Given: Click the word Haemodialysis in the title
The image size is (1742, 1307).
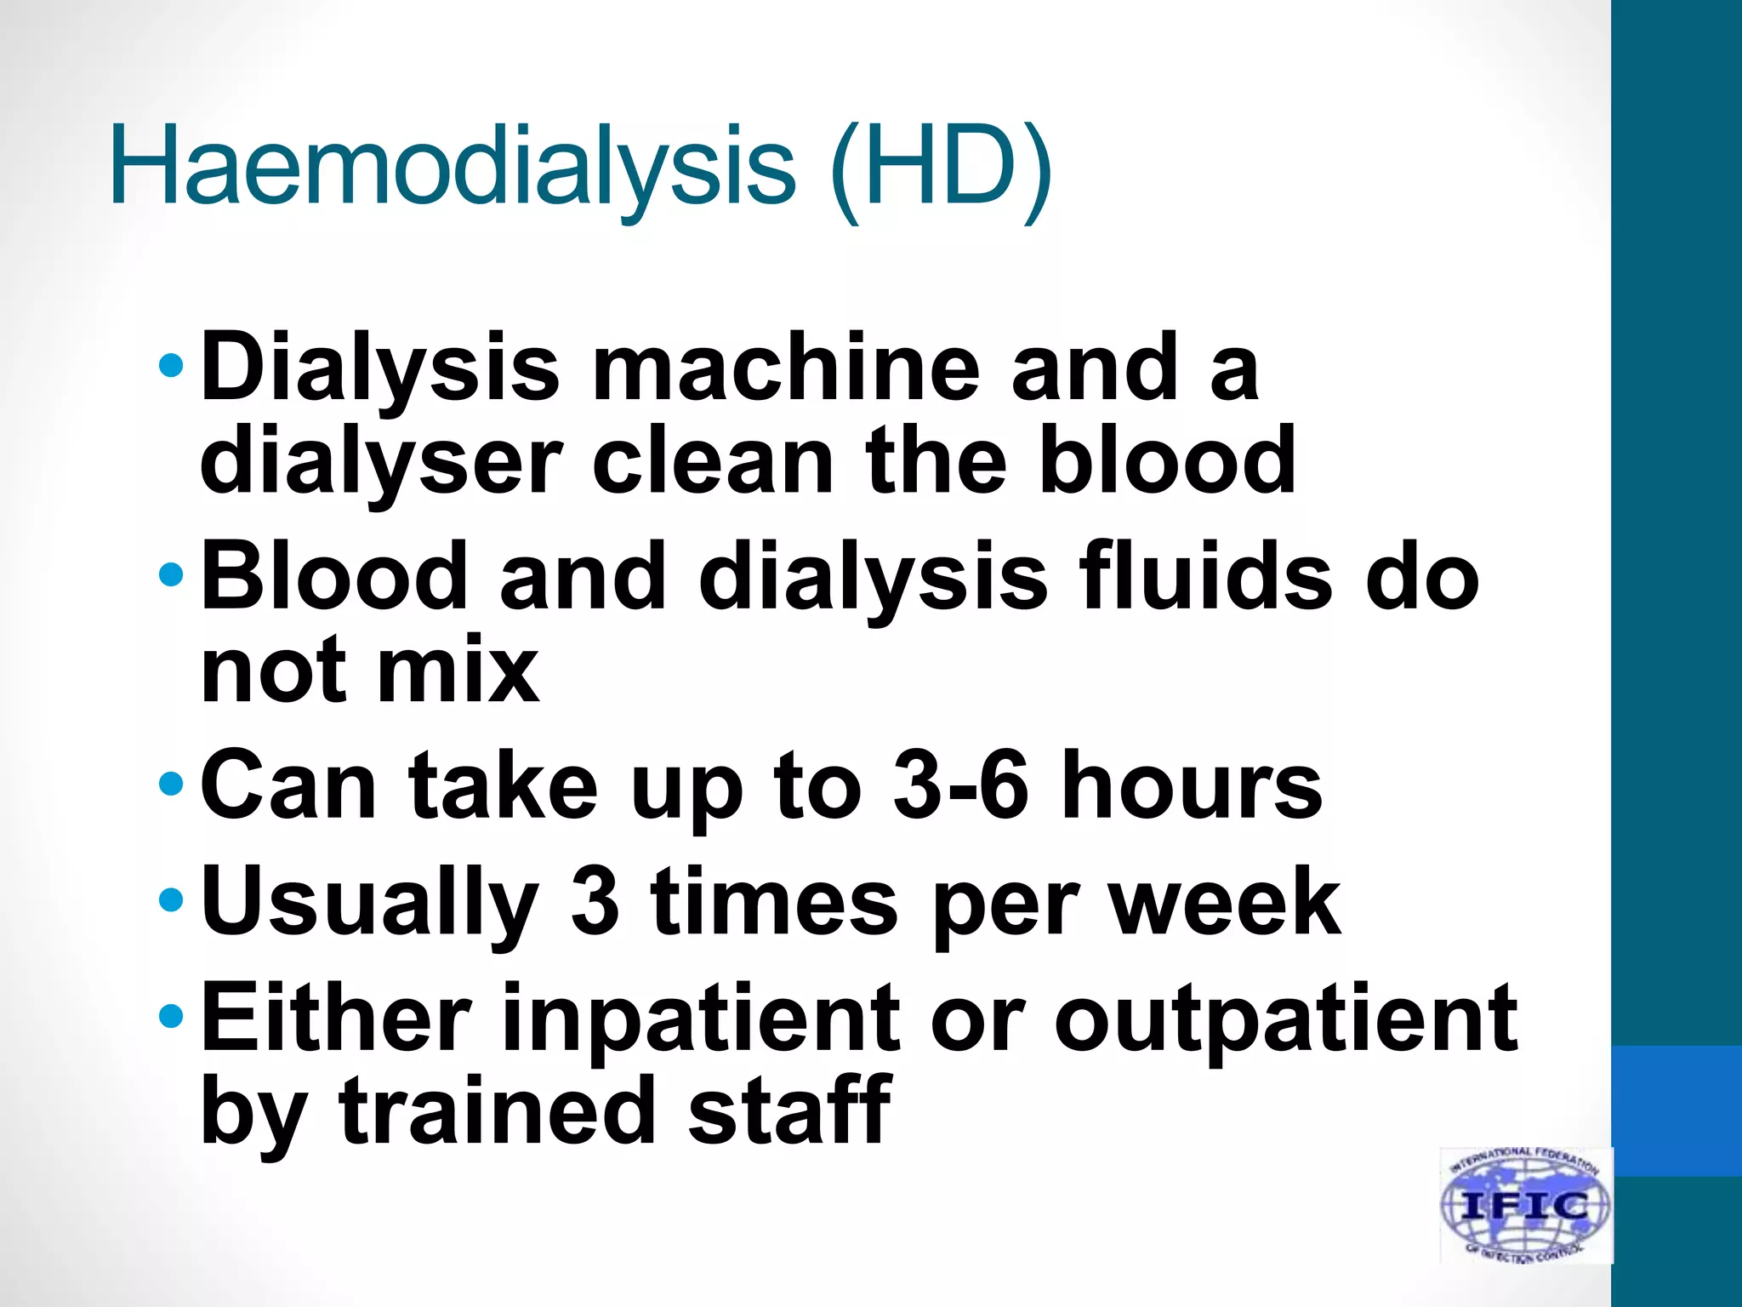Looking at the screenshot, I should point(452,166).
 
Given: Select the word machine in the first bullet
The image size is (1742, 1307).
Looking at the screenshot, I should point(786,368).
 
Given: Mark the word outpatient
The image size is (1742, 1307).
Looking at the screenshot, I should point(1285,1019).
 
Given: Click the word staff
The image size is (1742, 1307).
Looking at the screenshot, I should point(788,1110).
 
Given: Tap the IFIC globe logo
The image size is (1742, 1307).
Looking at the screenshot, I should point(1525,1204).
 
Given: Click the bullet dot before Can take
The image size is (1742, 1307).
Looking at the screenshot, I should point(171,783).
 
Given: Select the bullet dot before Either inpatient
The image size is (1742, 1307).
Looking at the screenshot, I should point(171,1016).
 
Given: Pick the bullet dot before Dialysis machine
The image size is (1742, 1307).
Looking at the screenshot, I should point(171,366).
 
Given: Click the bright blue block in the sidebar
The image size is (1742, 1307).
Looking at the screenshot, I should point(1677,1110).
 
